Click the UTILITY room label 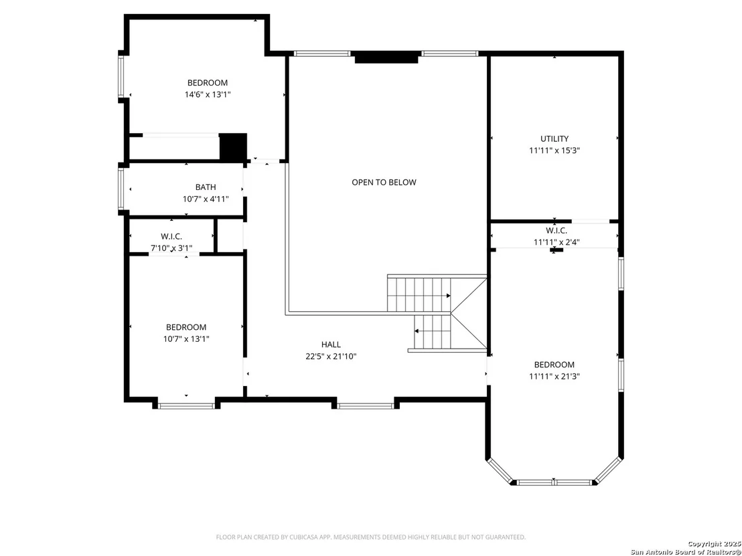(554, 139)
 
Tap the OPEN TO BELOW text (384, 183)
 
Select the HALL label (331, 345)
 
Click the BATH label (206, 187)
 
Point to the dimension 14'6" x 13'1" (208, 94)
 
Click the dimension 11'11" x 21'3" (554, 376)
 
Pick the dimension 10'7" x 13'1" (186, 339)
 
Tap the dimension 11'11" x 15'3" (554, 151)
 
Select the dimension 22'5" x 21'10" (331, 357)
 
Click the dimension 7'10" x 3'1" (171, 248)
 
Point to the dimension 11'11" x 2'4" (556, 242)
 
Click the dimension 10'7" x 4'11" (206, 199)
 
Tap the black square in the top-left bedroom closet (233, 147)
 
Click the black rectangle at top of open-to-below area (386, 58)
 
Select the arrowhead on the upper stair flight (448, 296)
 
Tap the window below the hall (366, 405)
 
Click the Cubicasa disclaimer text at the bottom (370, 537)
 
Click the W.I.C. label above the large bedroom (556, 231)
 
